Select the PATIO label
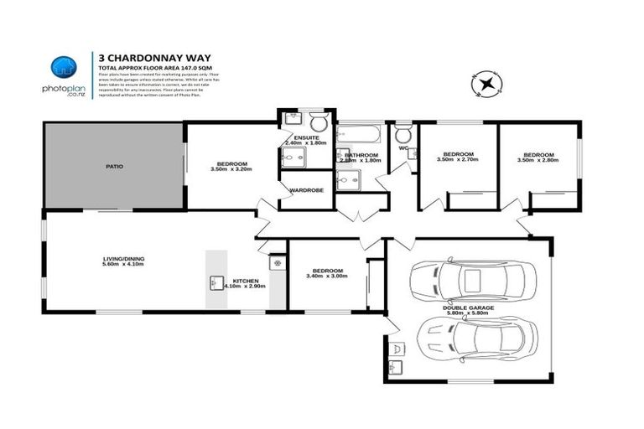tap(115, 167)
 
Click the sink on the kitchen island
tap(214, 282)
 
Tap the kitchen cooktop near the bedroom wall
tap(275, 263)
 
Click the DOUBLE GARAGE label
tap(469, 308)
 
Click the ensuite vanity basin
tap(289, 118)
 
